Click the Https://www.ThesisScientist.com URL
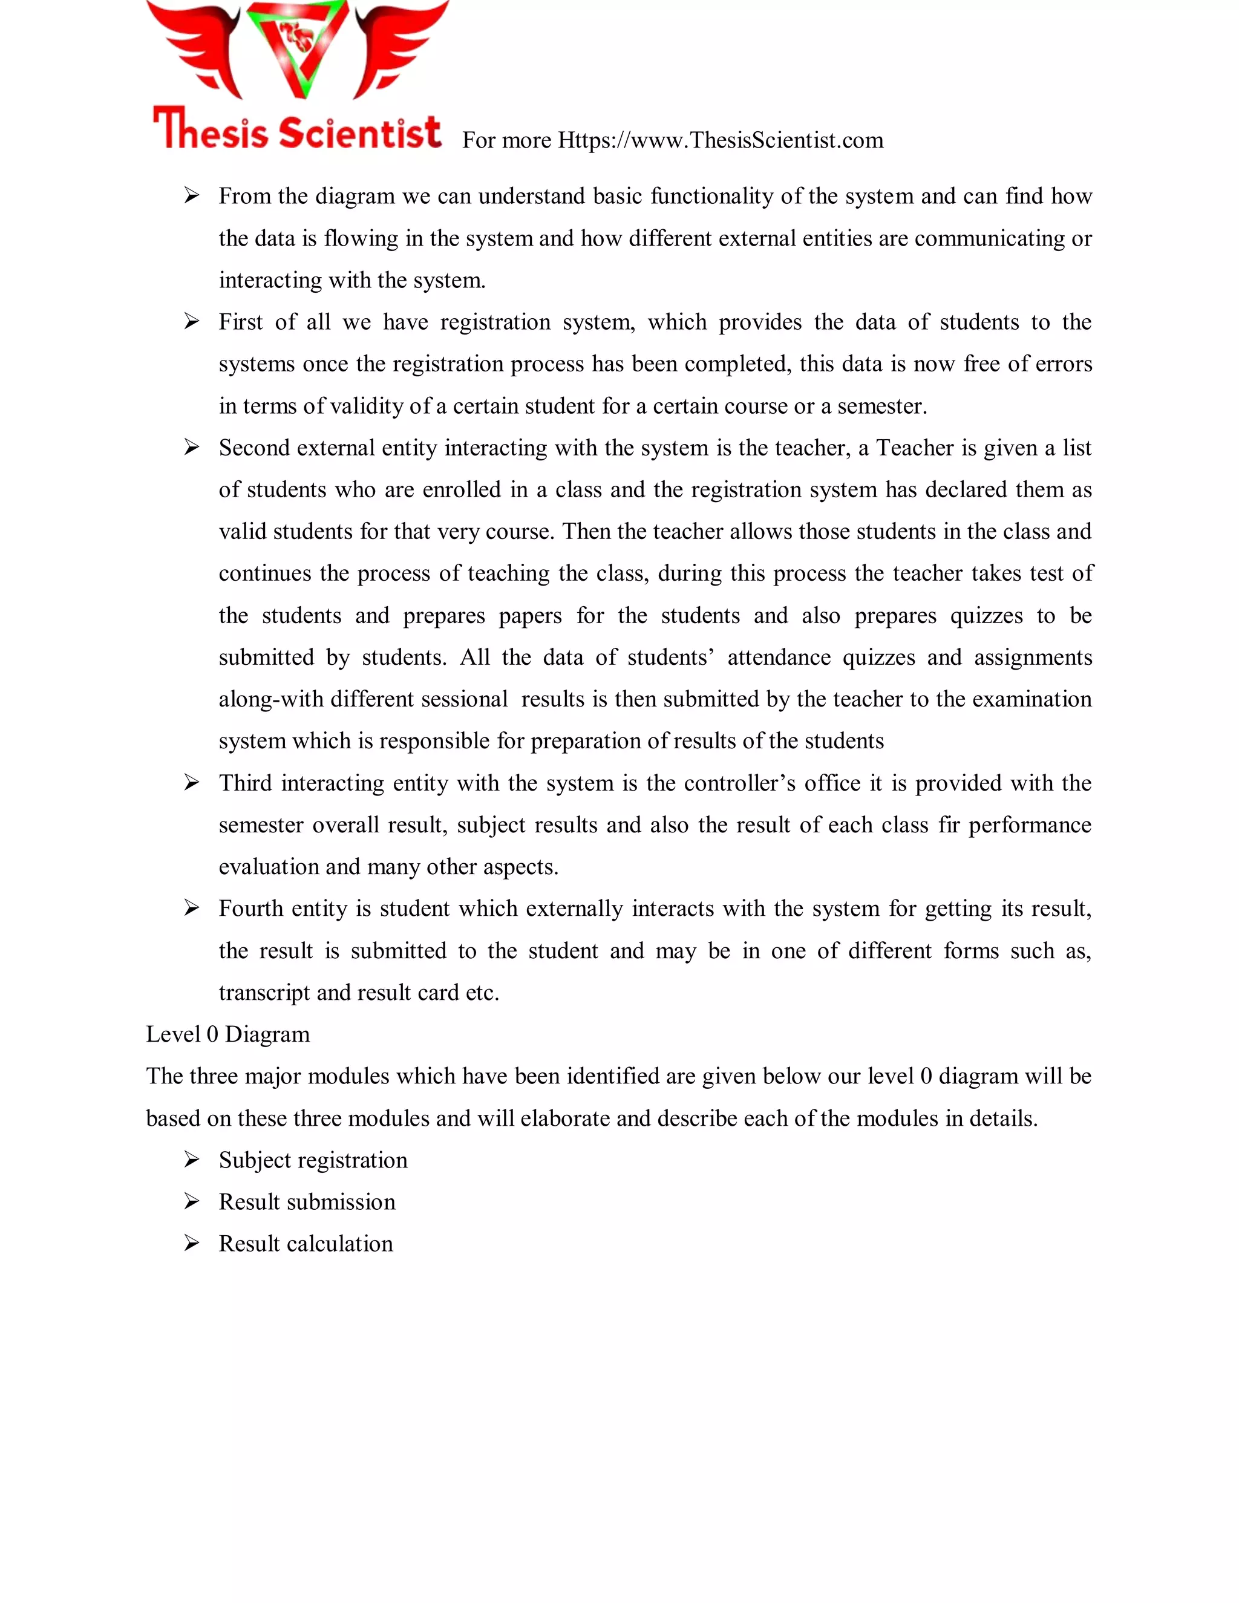720,140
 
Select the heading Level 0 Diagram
227,1034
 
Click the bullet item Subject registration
313,1160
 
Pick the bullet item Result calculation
306,1243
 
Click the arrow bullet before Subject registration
192,1160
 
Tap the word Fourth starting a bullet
250,909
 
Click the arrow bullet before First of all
192,321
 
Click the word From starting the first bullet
244,196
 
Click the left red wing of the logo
195,48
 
